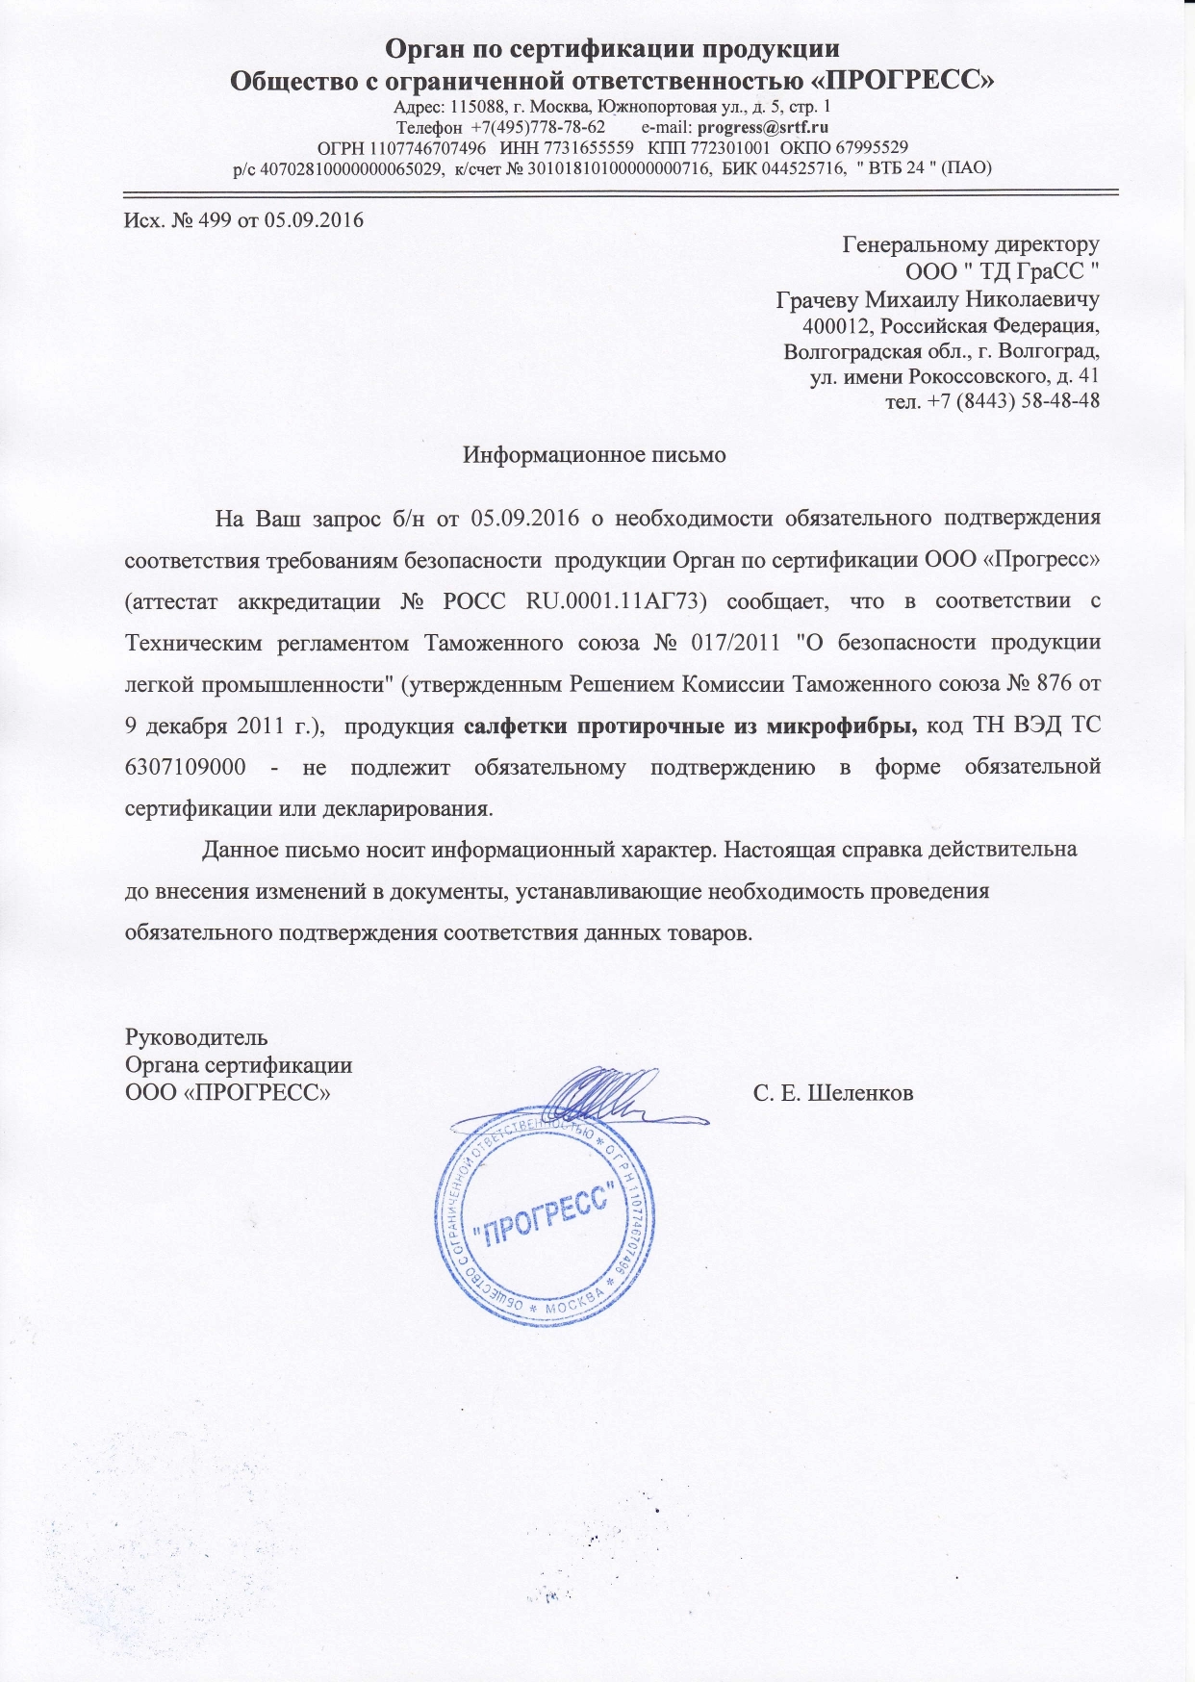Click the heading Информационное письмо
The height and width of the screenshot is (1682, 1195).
594,454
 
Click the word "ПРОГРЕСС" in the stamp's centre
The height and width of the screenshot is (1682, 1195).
547,1215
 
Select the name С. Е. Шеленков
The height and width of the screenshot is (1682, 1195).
833,1093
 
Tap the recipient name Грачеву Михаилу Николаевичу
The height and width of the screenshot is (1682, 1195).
937,298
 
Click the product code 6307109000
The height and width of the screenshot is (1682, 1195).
185,767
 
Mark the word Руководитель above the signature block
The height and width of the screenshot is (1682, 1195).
196,1037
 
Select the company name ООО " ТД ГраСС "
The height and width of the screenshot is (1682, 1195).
1003,271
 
